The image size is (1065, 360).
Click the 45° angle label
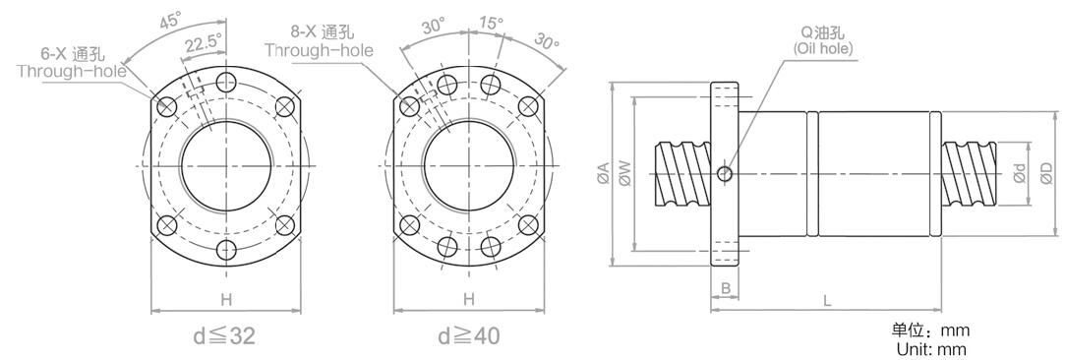pyautogui.click(x=170, y=20)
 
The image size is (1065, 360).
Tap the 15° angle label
pyautogui.click(x=491, y=23)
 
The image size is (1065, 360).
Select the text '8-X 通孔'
pyautogui.click(x=322, y=31)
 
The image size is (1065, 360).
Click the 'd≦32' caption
pyautogui.click(x=224, y=334)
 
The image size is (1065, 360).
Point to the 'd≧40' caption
pyautogui.click(x=469, y=334)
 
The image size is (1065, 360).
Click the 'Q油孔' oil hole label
pyautogui.click(x=822, y=33)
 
